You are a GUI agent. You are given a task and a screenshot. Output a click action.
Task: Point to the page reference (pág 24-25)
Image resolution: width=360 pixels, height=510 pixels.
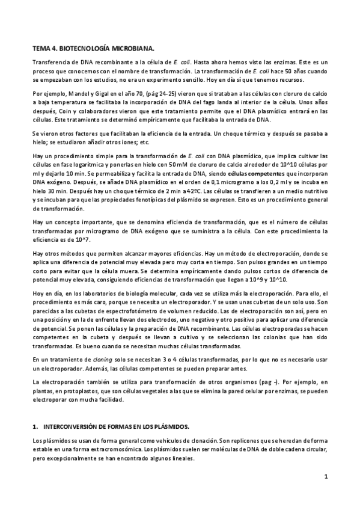pyautogui.click(x=156, y=94)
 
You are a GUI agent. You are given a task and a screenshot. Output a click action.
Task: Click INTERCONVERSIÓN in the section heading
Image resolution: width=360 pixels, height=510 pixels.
pyautogui.click(x=79, y=426)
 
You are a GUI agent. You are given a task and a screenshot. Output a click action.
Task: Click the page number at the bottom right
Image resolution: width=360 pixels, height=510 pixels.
pyautogui.click(x=325, y=477)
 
